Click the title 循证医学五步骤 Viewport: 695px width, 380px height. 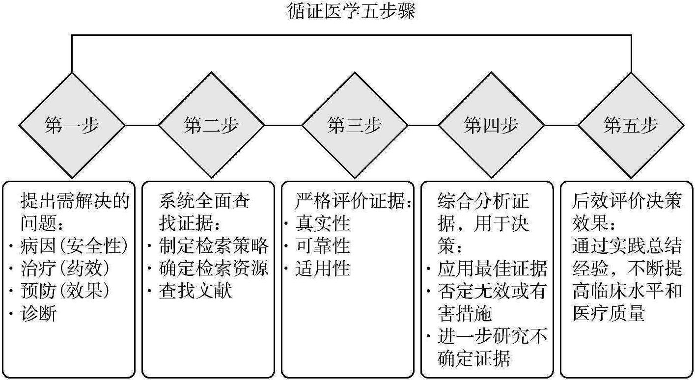(351, 11)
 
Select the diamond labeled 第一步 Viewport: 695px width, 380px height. (72, 125)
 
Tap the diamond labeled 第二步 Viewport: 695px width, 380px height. (211, 125)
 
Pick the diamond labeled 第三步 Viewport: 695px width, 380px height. (354, 125)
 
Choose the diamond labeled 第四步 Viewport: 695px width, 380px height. (491, 125)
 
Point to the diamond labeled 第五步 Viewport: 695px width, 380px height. (631, 125)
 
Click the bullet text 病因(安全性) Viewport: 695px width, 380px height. (74, 246)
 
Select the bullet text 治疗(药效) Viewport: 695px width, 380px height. (65, 269)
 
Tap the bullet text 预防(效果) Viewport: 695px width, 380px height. (65, 291)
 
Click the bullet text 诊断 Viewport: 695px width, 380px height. (38, 313)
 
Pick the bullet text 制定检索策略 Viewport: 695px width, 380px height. (214, 246)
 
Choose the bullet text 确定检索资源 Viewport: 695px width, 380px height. (214, 269)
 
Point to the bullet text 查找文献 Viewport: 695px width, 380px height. (195, 291)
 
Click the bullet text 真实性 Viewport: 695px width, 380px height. (323, 224)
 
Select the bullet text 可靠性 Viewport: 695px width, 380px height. (323, 246)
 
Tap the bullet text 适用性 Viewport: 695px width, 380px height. (323, 269)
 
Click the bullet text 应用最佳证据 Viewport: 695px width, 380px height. (493, 269)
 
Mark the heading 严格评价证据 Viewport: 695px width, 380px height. (350, 201)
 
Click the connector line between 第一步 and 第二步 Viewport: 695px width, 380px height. (142, 125)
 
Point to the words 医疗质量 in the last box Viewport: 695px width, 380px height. (609, 313)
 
